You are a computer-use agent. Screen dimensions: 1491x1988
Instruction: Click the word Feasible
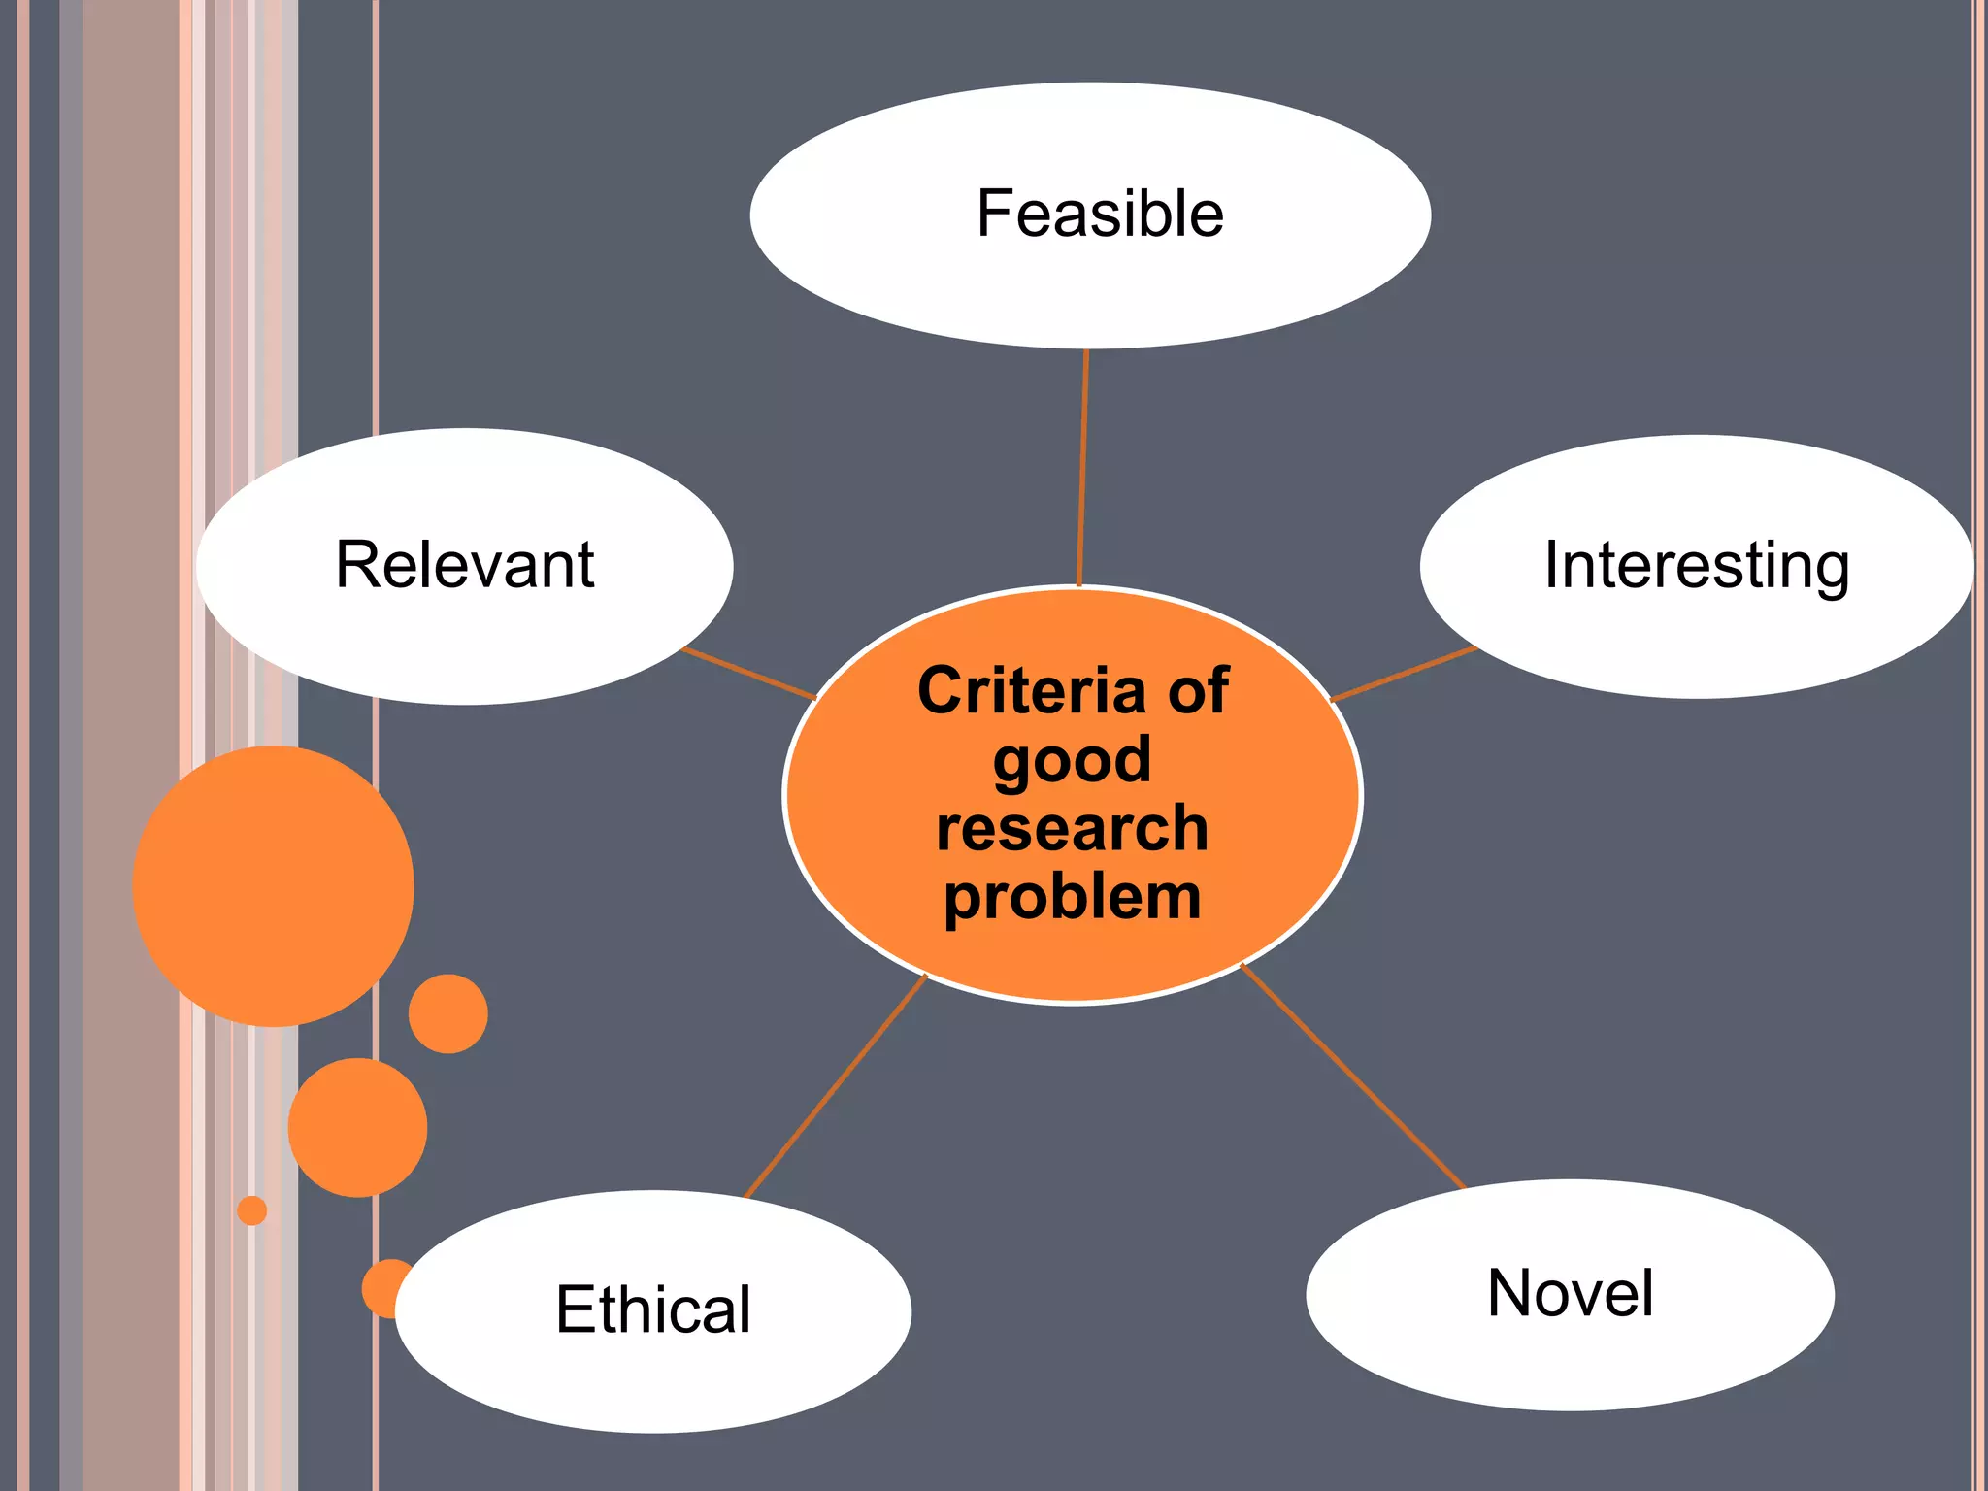1100,215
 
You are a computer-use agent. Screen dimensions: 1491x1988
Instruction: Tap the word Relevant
464,565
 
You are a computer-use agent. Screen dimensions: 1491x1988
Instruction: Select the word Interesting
1696,565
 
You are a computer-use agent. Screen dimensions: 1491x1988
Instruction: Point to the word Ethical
653,1309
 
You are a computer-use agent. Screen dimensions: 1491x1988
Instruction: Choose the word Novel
1570,1294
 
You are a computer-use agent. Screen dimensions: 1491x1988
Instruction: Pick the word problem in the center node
1072,897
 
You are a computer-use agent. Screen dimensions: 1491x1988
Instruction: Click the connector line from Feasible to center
1082,466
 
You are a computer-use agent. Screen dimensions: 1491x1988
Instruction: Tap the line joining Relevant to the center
749,674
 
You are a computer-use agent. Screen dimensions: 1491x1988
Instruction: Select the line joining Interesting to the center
1403,674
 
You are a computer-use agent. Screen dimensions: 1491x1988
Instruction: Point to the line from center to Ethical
835,1087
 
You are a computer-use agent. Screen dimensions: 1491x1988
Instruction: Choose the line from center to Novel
1351,1076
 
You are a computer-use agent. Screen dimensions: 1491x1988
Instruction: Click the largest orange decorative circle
273,885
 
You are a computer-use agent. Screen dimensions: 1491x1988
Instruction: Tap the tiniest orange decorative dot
251,1210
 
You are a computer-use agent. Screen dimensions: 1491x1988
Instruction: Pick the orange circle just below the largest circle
357,1127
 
